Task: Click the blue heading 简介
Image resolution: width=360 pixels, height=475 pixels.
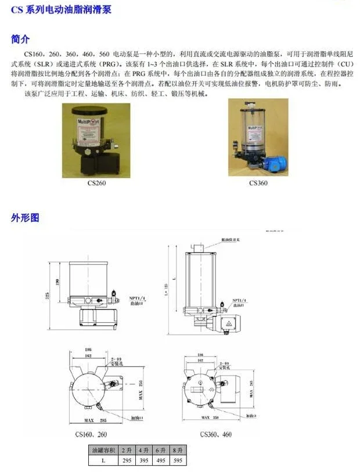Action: tap(20, 39)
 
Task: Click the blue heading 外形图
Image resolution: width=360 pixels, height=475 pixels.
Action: tap(25, 218)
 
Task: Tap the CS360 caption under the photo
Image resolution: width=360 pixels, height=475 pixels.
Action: tap(258, 183)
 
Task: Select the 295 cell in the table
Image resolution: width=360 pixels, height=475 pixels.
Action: tap(127, 460)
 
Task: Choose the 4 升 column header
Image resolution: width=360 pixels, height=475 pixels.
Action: tap(143, 451)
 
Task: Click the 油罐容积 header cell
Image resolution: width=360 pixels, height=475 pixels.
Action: tap(102, 451)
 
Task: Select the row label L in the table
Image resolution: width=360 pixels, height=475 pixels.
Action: tap(102, 460)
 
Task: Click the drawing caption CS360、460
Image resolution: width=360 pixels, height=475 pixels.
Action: tap(216, 433)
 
